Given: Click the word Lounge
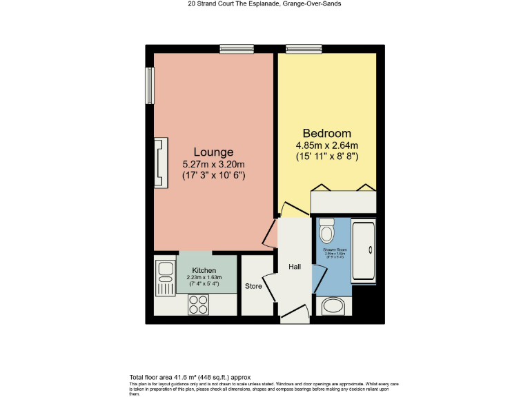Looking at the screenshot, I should pos(213,152).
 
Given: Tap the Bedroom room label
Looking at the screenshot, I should pos(326,133).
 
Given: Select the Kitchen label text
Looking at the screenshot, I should pos(204,271).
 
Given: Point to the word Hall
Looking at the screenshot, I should pos(295,267).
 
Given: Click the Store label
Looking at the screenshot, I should pos(253,286).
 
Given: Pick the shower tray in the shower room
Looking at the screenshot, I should pos(364,252).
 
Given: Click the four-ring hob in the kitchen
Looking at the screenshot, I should pos(199,303).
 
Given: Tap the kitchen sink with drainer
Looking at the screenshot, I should pos(165,278).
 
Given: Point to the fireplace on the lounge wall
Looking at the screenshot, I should pos(160,163).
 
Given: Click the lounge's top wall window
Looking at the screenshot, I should pos(237,48).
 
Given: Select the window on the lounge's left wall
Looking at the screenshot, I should pos(149,86).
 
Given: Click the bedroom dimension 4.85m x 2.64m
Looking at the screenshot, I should pos(326,145).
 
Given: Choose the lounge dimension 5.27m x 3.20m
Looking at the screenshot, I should pos(213,165).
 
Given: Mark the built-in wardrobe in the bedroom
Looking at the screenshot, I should pos(344,202).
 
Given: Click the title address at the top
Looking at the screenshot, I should pos(265,3).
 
